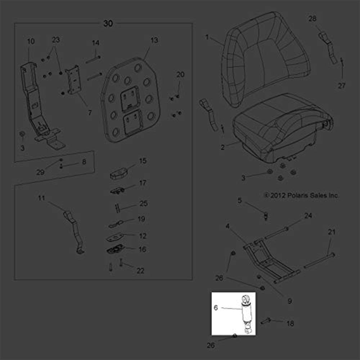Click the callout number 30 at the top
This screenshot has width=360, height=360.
(108, 23)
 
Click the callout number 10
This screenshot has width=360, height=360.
(31, 41)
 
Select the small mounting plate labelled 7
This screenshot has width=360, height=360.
(73, 80)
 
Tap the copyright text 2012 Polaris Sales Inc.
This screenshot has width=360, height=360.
(302, 195)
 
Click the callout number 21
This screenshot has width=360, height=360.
(332, 232)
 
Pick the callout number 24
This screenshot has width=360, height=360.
(308, 216)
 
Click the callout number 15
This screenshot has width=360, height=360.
(143, 161)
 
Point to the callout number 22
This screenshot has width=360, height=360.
(140, 271)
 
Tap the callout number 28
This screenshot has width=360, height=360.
(312, 19)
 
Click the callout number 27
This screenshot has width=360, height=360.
(342, 86)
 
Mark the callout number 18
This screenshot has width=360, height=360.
(291, 324)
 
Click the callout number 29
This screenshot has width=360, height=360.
(40, 172)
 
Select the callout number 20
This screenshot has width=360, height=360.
(180, 75)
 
